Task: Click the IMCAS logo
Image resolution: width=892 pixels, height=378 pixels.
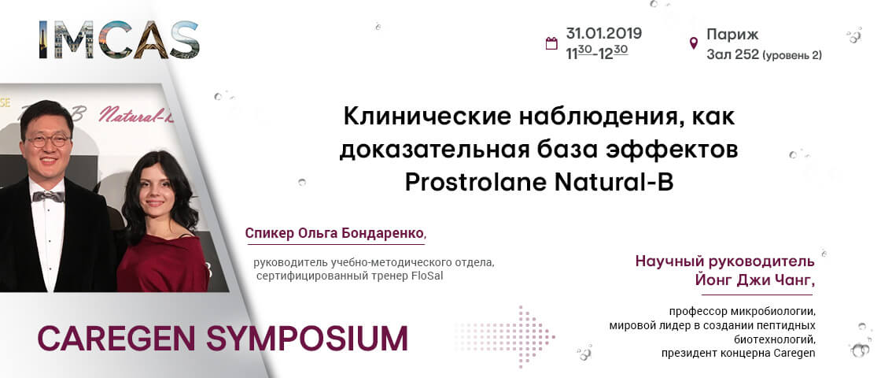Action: click(x=119, y=40)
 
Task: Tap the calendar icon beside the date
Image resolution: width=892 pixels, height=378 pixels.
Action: click(x=551, y=43)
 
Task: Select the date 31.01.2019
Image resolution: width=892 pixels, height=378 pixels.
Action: click(x=603, y=34)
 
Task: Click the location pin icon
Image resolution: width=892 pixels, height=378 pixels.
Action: click(x=694, y=43)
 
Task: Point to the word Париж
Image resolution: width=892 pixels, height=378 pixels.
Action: click(x=733, y=35)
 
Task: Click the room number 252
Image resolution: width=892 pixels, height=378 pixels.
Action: click(x=746, y=54)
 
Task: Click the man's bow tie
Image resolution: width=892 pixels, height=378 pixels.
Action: click(x=48, y=196)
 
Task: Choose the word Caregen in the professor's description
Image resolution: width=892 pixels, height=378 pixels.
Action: click(x=795, y=354)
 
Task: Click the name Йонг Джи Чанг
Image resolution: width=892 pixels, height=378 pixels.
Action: click(x=755, y=280)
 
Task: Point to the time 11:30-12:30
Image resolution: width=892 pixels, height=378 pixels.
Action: click(x=597, y=53)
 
